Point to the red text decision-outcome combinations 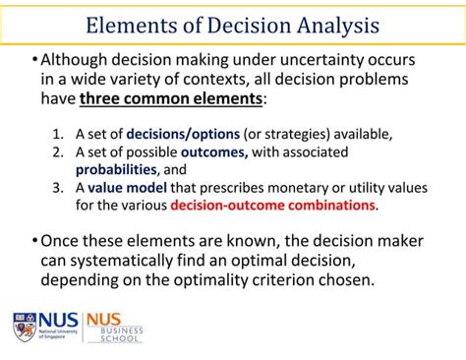(x=273, y=206)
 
